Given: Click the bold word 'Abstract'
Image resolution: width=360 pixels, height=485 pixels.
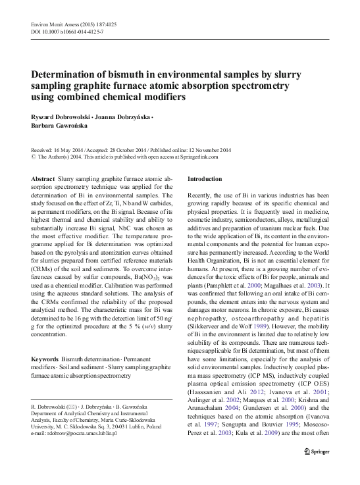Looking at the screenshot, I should [43, 179].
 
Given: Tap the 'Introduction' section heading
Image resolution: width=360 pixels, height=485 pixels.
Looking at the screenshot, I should [205, 179].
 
